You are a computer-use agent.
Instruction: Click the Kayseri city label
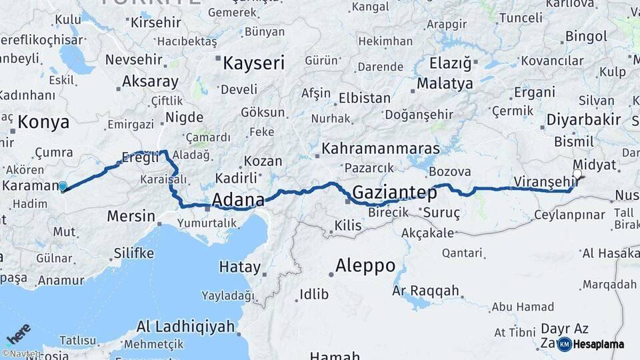tap(253, 64)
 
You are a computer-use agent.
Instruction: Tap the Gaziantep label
tap(394, 193)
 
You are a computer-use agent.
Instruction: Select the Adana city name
tap(238, 199)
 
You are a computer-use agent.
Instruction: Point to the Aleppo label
tap(365, 265)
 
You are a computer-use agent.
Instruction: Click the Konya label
tap(43, 122)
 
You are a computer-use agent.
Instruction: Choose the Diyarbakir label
tap(583, 120)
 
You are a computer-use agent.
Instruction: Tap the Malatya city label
tap(445, 84)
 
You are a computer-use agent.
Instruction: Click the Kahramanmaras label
tap(381, 148)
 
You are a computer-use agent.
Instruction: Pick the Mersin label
tap(131, 217)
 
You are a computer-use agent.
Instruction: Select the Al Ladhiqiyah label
tap(186, 327)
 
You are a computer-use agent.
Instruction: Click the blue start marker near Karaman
tap(62, 187)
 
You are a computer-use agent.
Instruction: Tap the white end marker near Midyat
tap(577, 175)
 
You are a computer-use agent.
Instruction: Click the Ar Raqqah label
tap(425, 291)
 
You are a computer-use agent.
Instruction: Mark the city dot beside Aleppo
tap(331, 273)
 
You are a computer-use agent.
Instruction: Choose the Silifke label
tap(134, 253)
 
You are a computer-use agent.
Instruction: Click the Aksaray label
tap(150, 82)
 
